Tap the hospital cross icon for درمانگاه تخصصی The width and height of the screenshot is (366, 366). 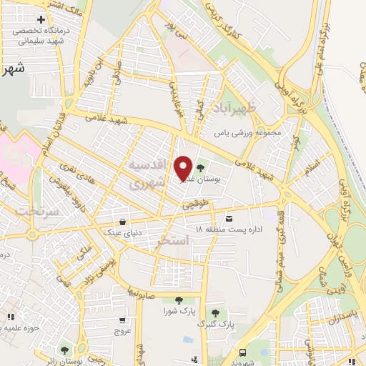pos(41,19)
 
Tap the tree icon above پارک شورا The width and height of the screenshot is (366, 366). pos(177,300)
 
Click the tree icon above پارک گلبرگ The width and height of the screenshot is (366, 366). pos(215,312)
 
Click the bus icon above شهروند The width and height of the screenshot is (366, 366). pos(243,352)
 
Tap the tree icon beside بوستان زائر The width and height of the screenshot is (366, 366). pos(65,350)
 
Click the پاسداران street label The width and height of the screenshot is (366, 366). pos(344,315)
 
